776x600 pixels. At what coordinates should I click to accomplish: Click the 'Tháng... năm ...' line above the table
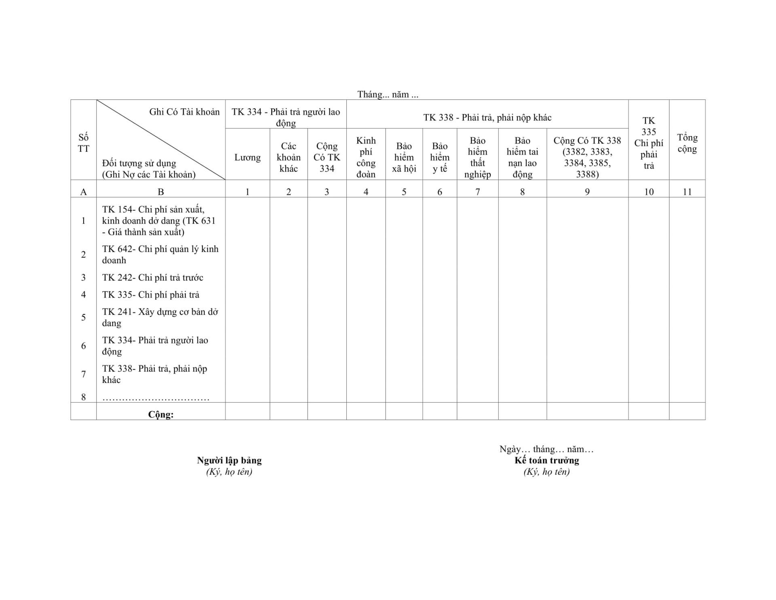[x=388, y=95]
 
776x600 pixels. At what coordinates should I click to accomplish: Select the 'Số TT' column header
[x=83, y=143]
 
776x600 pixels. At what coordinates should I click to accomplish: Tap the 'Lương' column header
[x=247, y=157]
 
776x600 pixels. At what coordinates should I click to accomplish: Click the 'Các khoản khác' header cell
[x=289, y=157]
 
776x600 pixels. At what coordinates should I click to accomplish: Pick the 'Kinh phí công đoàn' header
[x=366, y=157]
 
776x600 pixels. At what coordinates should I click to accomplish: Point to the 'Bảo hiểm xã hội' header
[x=404, y=157]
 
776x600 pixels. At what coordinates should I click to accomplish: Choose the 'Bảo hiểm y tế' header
[x=440, y=157]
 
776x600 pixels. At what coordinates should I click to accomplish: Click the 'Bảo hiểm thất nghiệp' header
[x=477, y=157]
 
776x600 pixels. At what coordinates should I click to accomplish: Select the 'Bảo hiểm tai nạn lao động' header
[x=522, y=157]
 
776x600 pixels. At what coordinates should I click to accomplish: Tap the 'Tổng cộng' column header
[x=687, y=143]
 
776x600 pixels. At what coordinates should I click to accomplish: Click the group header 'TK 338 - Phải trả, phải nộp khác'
[x=487, y=118]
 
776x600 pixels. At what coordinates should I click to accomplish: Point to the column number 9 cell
[x=587, y=192]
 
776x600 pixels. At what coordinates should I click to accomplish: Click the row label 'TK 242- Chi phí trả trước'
[x=153, y=277]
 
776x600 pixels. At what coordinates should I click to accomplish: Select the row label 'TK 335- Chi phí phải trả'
[x=151, y=295]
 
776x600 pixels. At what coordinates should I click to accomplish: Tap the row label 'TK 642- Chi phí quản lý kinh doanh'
[x=160, y=254]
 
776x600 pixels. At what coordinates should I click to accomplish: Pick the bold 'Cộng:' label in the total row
[x=160, y=414]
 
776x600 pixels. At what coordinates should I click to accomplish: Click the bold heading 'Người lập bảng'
[x=229, y=460]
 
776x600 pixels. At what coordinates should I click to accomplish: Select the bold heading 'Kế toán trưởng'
[x=546, y=460]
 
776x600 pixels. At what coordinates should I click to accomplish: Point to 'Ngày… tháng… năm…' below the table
[x=546, y=449]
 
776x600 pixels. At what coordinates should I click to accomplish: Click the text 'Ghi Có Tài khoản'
[x=184, y=112]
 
